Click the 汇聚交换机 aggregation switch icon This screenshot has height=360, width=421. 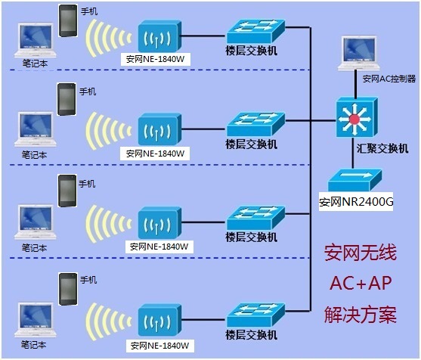356,119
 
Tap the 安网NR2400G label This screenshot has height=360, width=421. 356,202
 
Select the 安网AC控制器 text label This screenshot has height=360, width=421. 388,78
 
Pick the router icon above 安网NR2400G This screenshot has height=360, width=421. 356,179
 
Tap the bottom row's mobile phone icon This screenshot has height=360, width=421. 68,288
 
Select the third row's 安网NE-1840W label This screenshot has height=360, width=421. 158,246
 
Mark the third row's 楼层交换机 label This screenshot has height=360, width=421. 252,237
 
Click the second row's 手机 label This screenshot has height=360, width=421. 88,92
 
